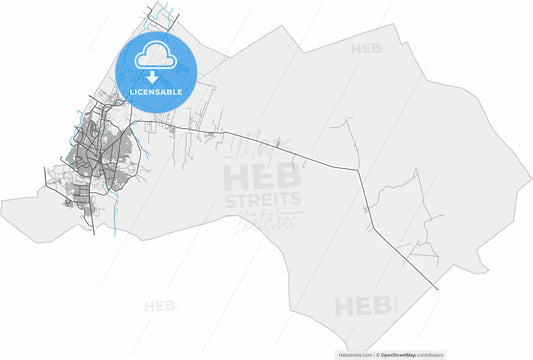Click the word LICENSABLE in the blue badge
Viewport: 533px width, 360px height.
pyautogui.click(x=155, y=92)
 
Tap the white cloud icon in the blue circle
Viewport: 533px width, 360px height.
pyautogui.click(x=155, y=57)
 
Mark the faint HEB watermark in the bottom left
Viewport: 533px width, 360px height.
pyautogui.click(x=160, y=304)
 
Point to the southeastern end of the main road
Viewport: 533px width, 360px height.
pyautogui.click(x=437, y=290)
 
